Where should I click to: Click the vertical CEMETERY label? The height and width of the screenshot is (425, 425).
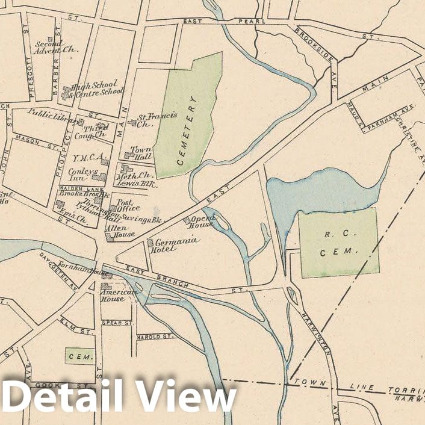(188, 130)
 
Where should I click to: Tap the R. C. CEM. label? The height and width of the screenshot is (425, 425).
(339, 243)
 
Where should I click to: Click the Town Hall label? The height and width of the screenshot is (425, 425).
(141, 154)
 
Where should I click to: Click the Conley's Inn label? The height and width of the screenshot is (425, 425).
(85, 174)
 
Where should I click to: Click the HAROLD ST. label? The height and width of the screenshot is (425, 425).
(156, 337)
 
